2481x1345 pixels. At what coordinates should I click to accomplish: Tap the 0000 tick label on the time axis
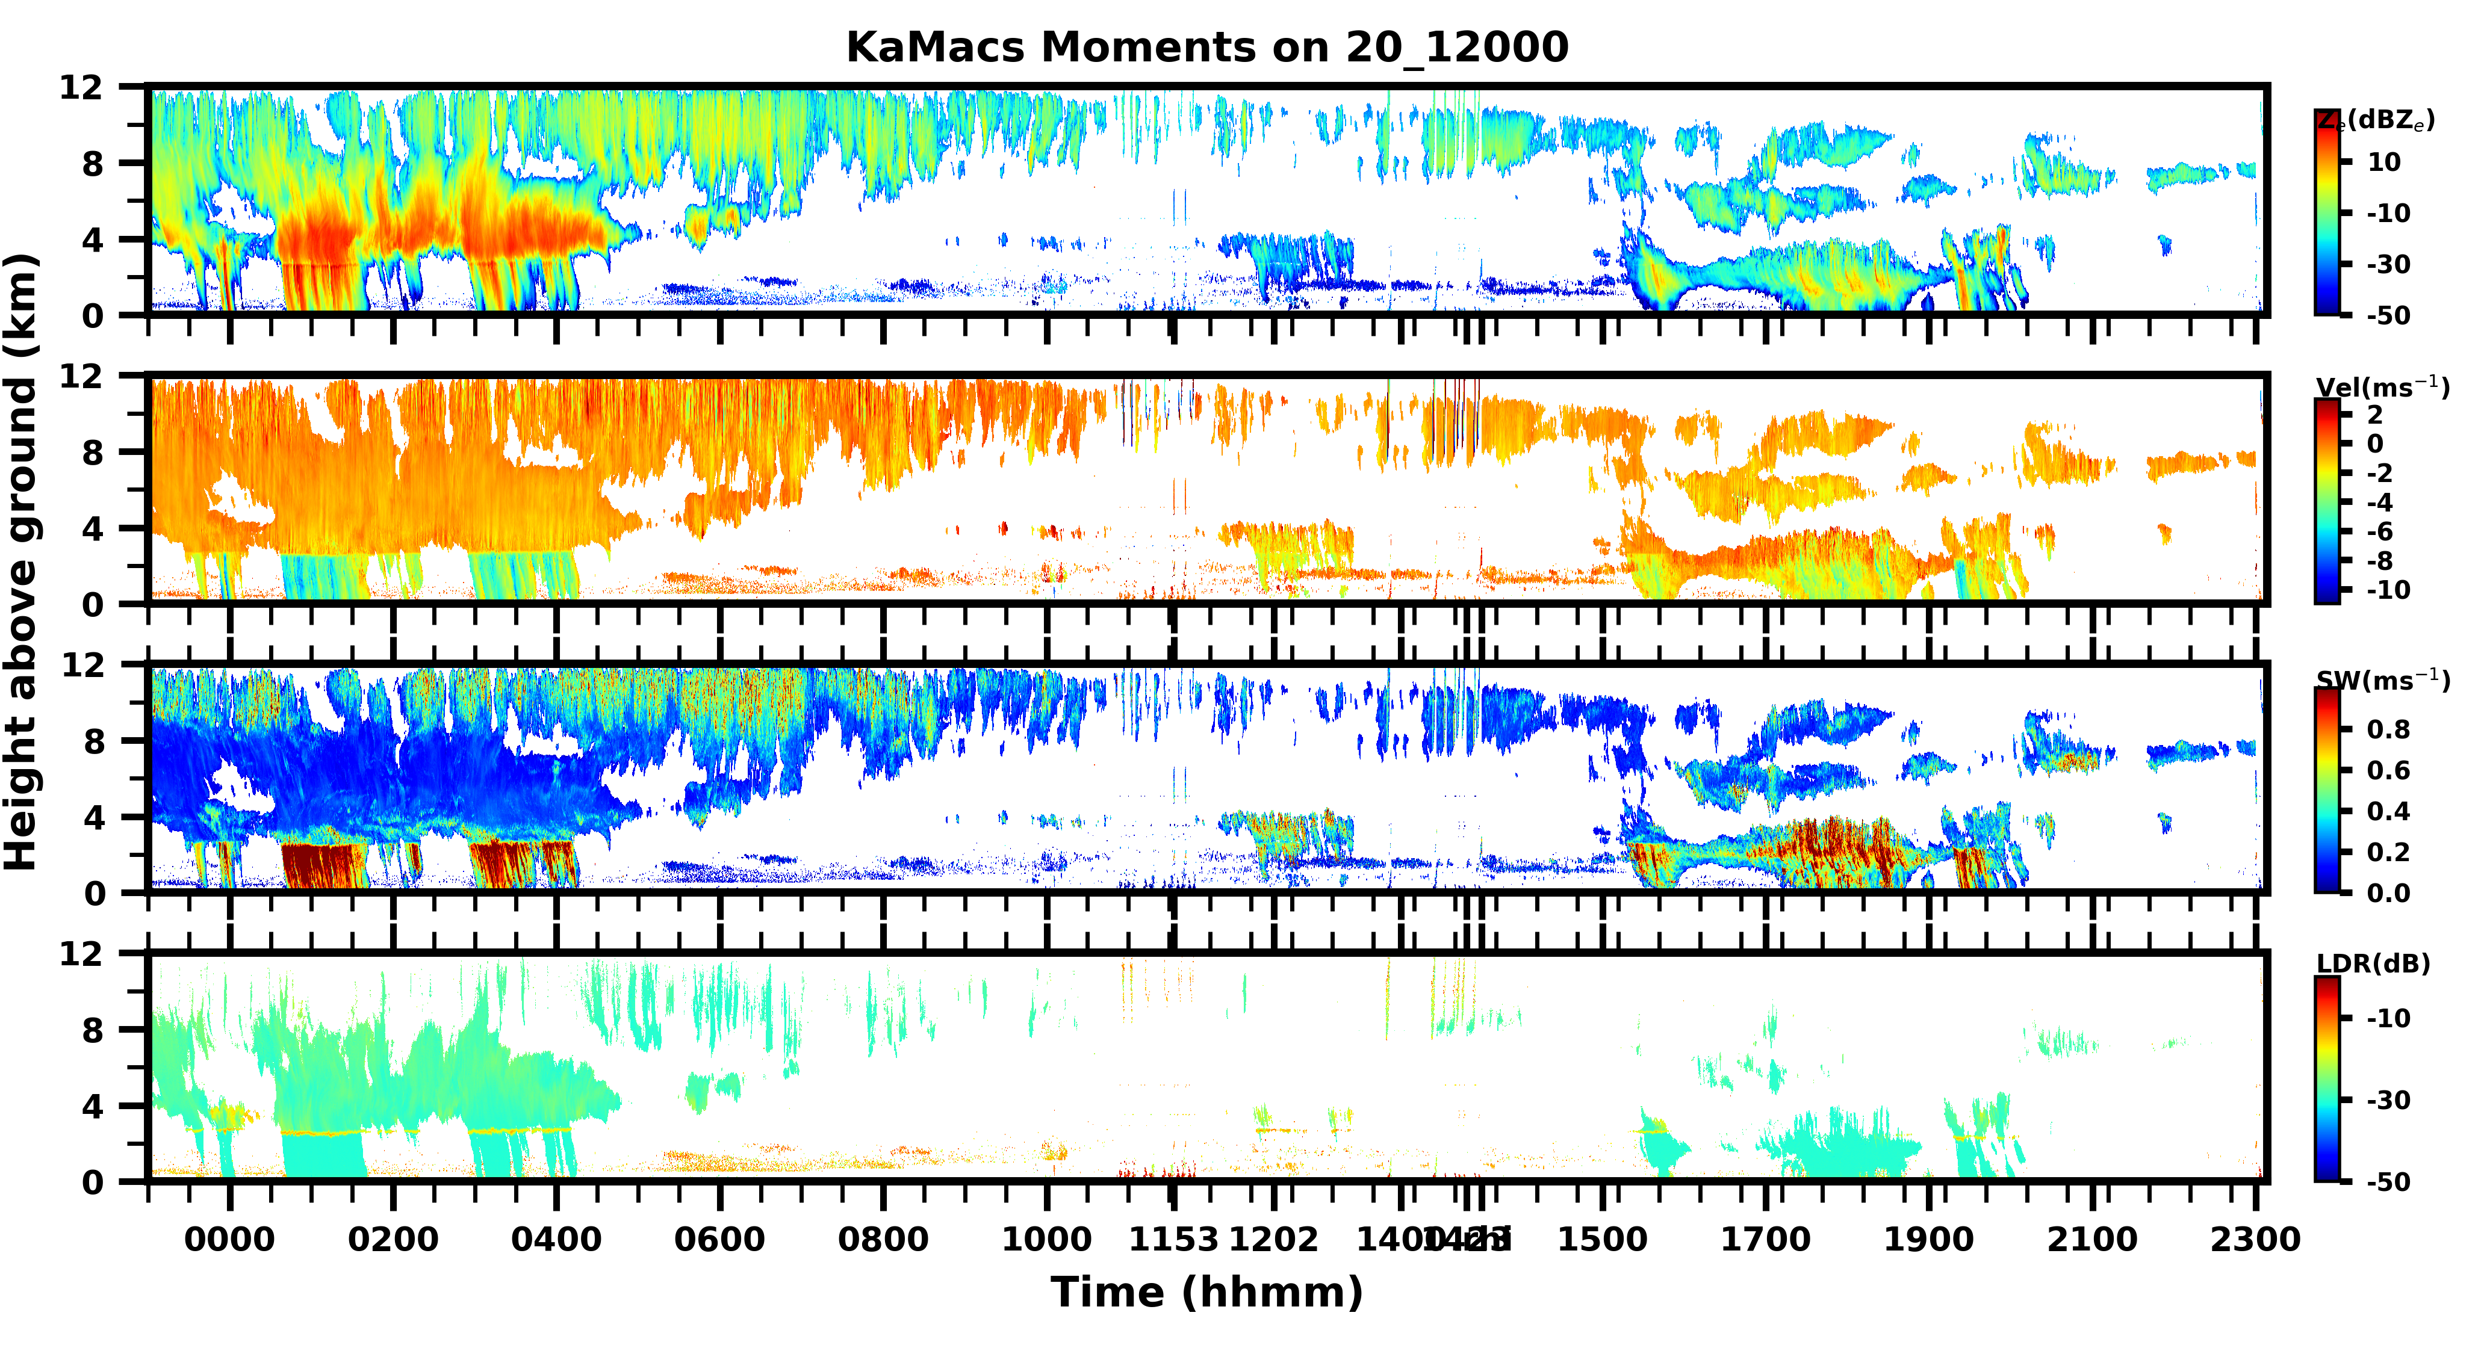[229, 1239]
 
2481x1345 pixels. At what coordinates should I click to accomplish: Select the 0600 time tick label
[719, 1239]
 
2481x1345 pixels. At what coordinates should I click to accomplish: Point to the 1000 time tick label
[1047, 1239]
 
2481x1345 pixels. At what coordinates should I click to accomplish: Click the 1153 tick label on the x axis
[1173, 1239]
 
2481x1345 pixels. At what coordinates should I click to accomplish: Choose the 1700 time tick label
[1765, 1239]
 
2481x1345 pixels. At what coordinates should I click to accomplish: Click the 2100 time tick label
[2092, 1239]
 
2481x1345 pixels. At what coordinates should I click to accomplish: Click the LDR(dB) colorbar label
[2373, 963]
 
